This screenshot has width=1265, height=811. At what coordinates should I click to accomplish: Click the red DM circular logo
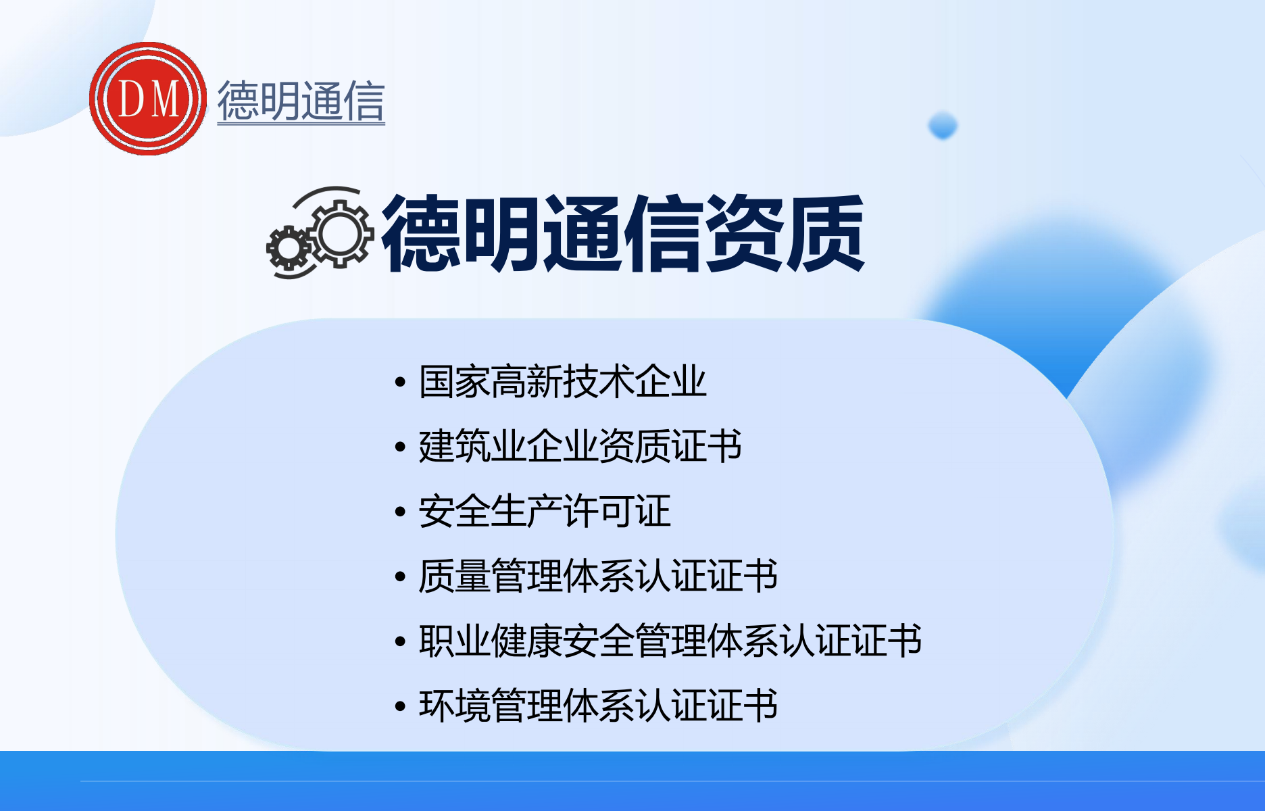tap(148, 99)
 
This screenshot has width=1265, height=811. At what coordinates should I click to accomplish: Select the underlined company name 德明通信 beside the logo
tap(301, 101)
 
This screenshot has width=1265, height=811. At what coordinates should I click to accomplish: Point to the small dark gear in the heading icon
tap(289, 248)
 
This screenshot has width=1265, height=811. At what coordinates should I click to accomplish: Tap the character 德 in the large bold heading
tap(422, 233)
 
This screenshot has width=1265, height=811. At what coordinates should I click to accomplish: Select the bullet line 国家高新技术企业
tap(562, 381)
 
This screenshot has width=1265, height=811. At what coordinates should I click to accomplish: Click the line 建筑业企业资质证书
tap(580, 446)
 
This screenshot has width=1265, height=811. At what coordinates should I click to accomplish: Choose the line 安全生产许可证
tap(545, 511)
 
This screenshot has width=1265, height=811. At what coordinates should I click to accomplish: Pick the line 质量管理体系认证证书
tap(598, 576)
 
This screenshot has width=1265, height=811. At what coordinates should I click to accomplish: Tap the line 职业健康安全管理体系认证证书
tap(670, 641)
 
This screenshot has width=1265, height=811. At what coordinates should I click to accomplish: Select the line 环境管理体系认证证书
tap(598, 706)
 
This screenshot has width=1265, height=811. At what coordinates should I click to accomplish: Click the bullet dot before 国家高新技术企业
tap(400, 383)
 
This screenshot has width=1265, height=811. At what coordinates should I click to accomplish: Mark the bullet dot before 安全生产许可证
tap(400, 512)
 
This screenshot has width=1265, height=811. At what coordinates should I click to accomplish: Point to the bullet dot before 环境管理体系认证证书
tap(400, 707)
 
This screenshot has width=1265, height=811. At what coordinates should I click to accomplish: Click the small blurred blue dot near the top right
tap(943, 126)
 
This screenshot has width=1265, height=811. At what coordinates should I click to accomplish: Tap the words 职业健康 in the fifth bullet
tap(491, 641)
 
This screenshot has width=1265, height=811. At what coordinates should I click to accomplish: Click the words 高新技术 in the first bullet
tap(562, 381)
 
